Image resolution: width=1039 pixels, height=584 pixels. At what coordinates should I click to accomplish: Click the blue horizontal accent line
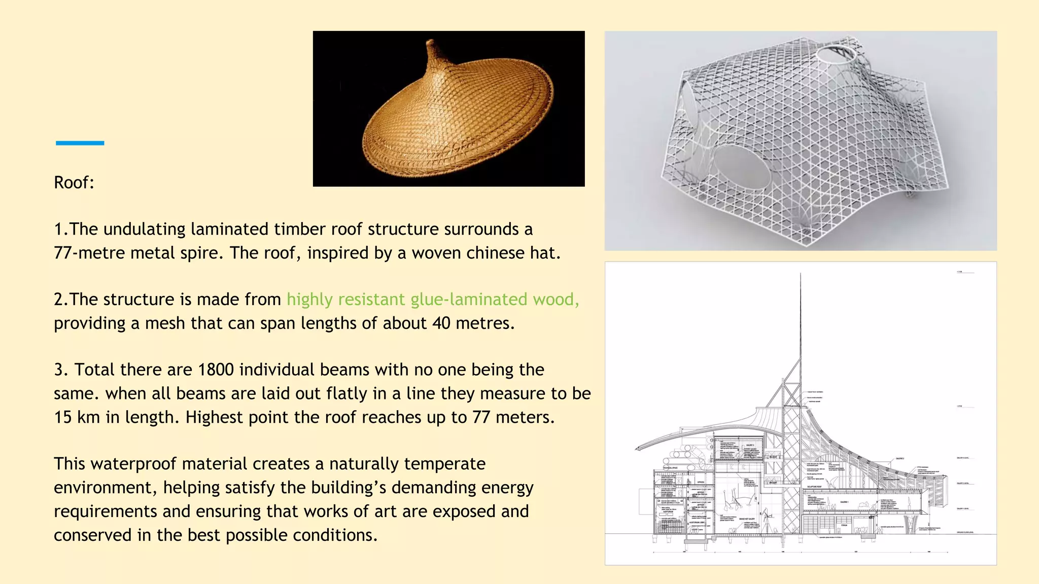click(80, 143)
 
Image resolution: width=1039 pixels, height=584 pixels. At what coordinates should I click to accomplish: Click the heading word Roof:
click(74, 182)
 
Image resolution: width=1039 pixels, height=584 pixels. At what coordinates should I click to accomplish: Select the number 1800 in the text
click(216, 370)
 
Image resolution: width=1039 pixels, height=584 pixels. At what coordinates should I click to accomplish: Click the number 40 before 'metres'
click(441, 323)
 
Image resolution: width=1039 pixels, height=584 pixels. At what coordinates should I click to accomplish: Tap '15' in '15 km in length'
click(63, 417)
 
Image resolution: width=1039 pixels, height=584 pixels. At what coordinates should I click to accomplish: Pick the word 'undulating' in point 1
click(144, 229)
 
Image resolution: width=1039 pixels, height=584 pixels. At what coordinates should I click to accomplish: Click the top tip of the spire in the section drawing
click(801, 274)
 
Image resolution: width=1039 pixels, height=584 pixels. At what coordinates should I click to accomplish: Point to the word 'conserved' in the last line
click(93, 535)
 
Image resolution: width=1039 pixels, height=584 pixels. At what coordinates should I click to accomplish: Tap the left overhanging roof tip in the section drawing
click(637, 449)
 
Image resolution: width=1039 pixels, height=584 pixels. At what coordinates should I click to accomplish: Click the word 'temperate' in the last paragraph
click(445, 464)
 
